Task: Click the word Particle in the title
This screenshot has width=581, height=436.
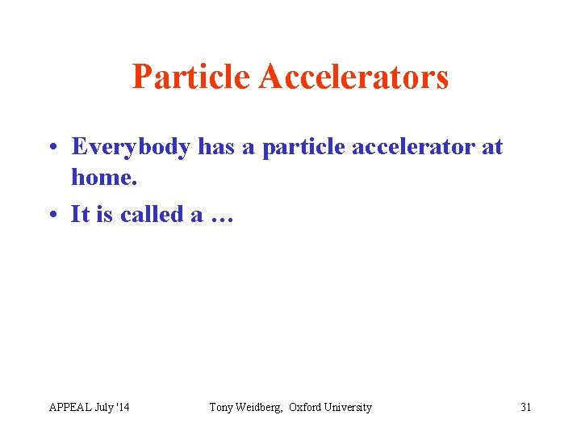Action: [x=191, y=78]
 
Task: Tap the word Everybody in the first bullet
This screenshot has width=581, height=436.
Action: [x=132, y=147]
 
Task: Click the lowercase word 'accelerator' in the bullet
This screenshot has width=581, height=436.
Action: [x=412, y=147]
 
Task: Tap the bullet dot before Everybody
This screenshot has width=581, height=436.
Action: [x=52, y=148]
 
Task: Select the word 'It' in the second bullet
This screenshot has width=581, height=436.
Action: [x=80, y=215]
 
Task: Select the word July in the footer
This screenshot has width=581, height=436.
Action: [x=104, y=407]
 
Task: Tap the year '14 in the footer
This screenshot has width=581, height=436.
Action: [x=123, y=407]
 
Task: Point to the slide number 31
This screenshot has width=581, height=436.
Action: [x=525, y=407]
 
